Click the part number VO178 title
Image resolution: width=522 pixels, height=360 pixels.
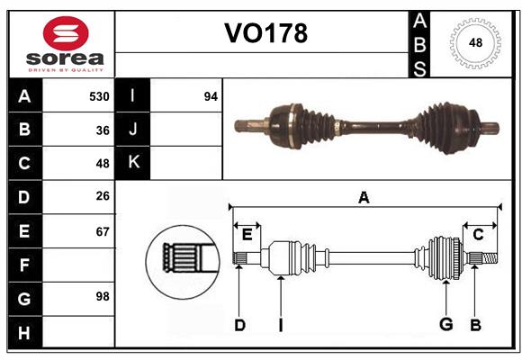[x=265, y=34]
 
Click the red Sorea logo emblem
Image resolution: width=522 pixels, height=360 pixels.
[x=66, y=34]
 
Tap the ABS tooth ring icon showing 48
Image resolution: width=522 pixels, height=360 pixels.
[x=473, y=43]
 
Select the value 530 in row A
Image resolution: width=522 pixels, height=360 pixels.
[x=99, y=96]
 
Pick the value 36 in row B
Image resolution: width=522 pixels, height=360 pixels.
[x=103, y=130]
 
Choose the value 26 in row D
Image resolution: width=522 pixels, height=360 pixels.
[x=103, y=197]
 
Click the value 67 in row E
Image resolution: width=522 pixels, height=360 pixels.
[x=103, y=231]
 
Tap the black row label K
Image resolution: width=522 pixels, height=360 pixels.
[x=133, y=163]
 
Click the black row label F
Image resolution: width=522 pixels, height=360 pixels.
[x=24, y=265]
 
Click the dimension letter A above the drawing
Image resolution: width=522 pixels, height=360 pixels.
[x=364, y=198]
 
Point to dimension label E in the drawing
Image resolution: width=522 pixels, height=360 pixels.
[x=247, y=234]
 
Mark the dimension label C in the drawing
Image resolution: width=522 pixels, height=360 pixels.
[x=478, y=234]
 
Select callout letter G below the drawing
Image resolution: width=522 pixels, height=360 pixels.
[x=445, y=325]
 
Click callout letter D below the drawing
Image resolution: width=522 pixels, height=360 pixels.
[x=239, y=325]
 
